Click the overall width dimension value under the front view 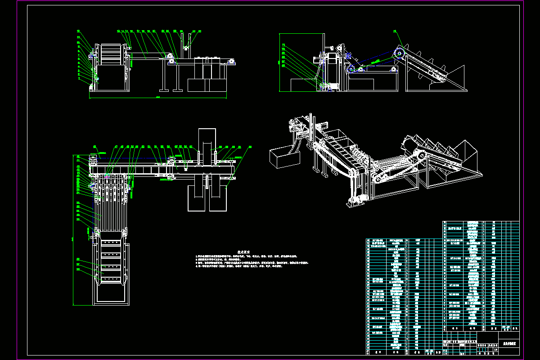[158, 97]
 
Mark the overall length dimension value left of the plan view [72, 238]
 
